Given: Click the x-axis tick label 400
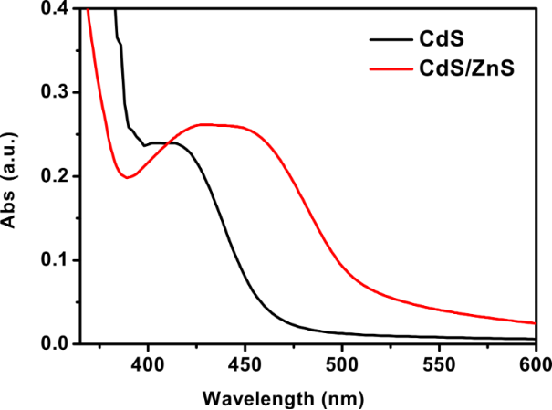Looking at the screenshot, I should point(147,363).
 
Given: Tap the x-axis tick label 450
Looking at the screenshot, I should point(244,363).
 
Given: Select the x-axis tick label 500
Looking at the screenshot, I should point(341,363).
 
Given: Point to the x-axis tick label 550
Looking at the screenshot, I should point(439,363).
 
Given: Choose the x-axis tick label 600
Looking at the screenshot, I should point(535,363).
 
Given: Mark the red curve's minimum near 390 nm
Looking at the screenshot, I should point(127,177).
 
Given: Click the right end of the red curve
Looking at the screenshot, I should point(536,323).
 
